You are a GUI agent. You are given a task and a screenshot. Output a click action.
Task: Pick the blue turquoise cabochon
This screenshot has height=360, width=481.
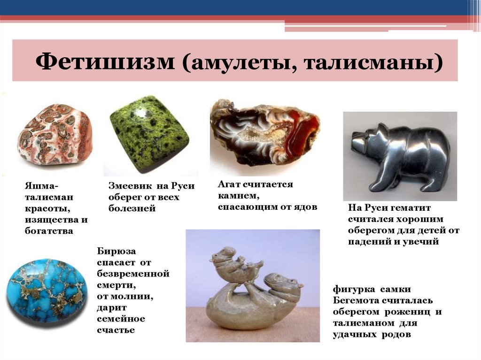point(46,290)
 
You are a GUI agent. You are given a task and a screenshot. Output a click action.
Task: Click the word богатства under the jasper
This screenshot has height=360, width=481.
point(49,231)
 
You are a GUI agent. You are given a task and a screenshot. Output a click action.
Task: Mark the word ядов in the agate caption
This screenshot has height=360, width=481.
point(308,207)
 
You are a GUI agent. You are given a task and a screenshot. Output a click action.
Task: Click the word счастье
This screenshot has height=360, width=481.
point(116,330)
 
